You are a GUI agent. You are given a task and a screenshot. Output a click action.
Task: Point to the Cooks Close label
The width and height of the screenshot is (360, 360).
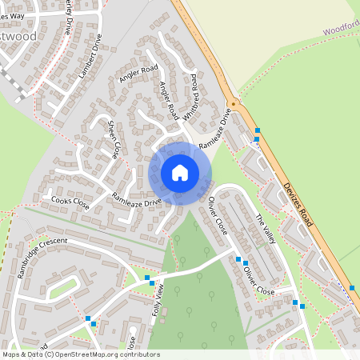click(70, 202)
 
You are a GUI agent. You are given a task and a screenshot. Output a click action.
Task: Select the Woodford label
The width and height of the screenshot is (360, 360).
click(342, 30)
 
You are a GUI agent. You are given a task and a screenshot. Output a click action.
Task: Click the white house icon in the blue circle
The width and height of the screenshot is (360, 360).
click(180, 173)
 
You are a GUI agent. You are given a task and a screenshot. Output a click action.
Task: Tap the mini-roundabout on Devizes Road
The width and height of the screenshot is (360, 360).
click(233, 104)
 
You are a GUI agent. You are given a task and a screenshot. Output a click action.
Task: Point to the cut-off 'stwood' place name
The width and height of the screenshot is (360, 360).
click(18, 36)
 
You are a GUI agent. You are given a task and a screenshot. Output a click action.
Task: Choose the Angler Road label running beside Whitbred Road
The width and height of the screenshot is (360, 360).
click(170, 101)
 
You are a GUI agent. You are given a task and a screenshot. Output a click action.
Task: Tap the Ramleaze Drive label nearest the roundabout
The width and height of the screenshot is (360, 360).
click(214, 128)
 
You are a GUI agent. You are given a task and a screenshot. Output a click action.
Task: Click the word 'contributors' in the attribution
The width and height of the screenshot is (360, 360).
click(138, 354)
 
